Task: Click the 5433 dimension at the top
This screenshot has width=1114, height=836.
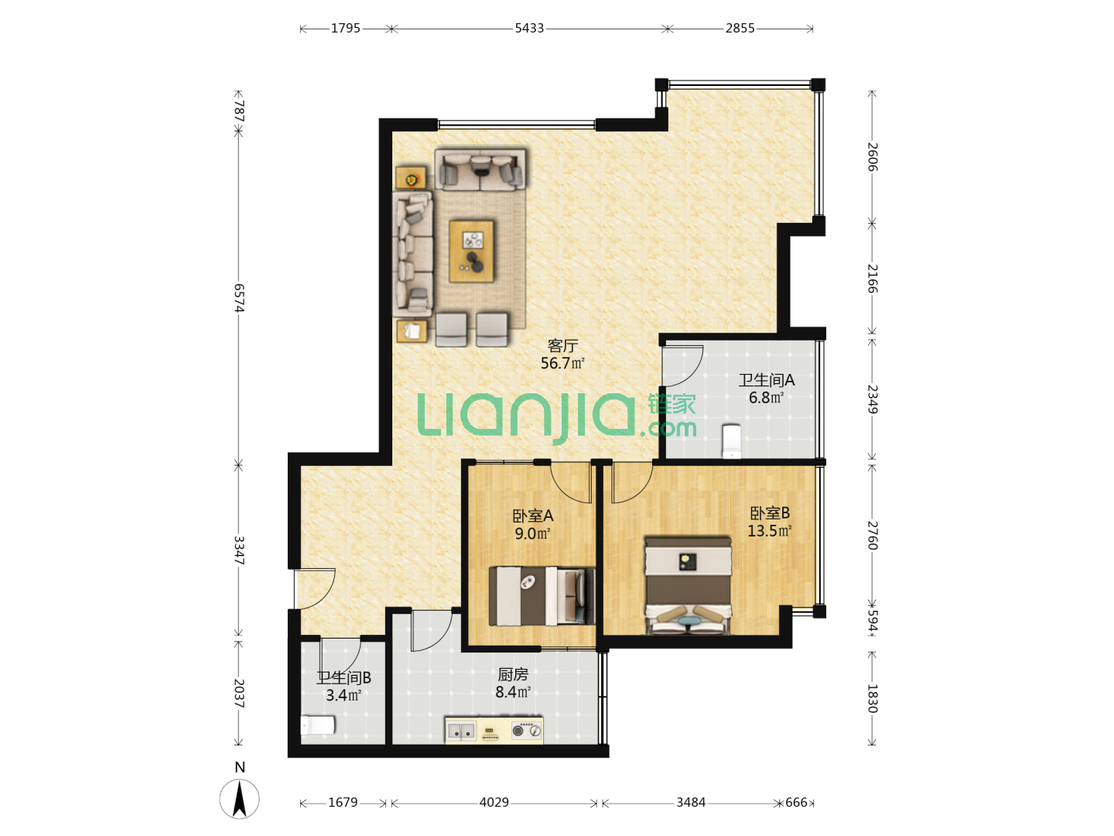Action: click(529, 29)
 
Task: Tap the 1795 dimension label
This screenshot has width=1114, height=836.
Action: click(345, 29)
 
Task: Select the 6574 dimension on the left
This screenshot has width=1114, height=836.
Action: click(239, 298)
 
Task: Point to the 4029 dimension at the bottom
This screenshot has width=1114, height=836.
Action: click(494, 802)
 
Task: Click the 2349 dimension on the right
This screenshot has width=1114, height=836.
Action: click(872, 399)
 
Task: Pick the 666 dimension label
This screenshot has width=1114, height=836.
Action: click(796, 802)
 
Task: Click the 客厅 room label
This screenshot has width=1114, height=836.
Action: click(562, 346)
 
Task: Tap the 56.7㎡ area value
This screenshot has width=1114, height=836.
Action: click(562, 364)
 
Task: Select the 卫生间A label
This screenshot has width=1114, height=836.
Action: click(766, 379)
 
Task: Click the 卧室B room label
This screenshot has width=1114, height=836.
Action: click(770, 513)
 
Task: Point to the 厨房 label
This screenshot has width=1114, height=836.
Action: click(513, 674)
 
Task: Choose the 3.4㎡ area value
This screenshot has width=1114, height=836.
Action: click(343, 695)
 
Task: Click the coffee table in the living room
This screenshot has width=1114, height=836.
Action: click(471, 251)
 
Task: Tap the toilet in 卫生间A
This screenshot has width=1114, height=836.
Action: click(731, 440)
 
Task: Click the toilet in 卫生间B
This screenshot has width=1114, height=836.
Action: click(318, 725)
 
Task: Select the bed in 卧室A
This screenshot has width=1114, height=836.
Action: click(542, 596)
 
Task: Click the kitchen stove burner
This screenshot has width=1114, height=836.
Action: click(518, 731)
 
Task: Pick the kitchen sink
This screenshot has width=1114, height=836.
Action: click(461, 731)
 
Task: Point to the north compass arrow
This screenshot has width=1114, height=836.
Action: click(240, 798)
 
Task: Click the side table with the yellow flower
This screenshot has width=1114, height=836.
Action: click(411, 178)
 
